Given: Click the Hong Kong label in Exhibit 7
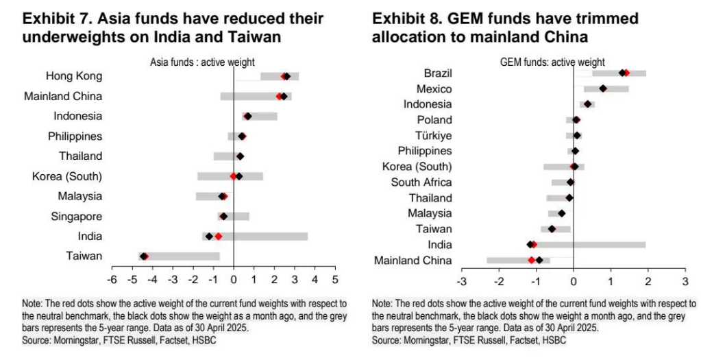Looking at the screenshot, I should point(74,75).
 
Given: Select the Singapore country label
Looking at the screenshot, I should point(76,217).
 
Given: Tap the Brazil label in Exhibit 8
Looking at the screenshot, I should point(438,73).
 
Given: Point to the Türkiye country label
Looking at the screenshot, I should point(433,135).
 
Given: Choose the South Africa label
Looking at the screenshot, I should point(421,182).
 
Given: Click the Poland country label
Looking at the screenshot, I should point(435,119).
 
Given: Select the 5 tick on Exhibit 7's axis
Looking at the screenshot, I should point(335,280).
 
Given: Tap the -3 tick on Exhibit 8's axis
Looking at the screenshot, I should point(463,283).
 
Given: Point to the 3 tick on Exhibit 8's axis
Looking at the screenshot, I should point(685,283).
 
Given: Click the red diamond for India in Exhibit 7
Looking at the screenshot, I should point(218,237).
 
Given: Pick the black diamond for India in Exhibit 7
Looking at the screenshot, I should point(209,237).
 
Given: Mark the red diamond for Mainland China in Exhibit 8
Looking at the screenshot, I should point(531,260).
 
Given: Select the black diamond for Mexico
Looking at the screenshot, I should point(603,88).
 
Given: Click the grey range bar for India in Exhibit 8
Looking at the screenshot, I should point(603,244).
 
